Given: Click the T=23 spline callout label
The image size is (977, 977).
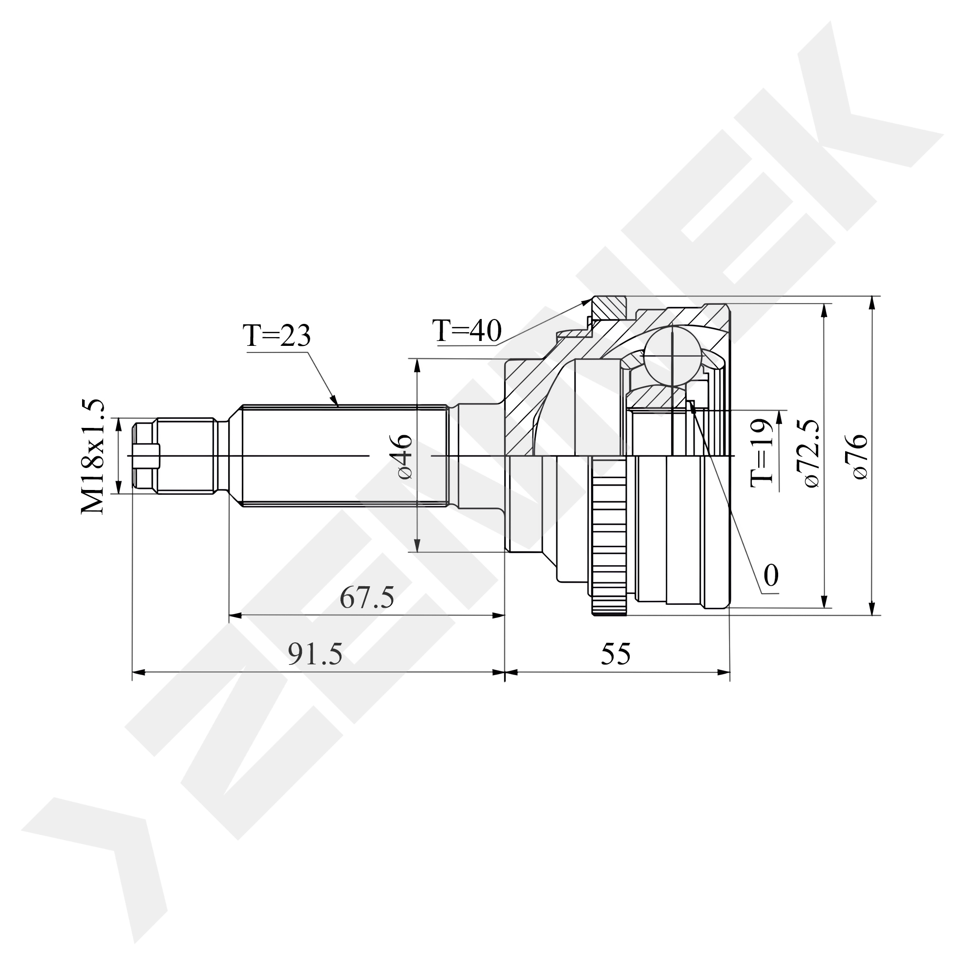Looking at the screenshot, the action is pos(276,335).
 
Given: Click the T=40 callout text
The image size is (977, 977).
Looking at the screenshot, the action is pos(467,331).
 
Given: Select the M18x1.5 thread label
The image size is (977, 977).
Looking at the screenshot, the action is pos(92,457).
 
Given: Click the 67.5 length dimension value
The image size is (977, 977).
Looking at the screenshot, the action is pos(367,598).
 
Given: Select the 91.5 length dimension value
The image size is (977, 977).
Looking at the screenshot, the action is pos(315,654).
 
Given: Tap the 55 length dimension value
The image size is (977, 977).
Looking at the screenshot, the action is pos(616,654).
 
